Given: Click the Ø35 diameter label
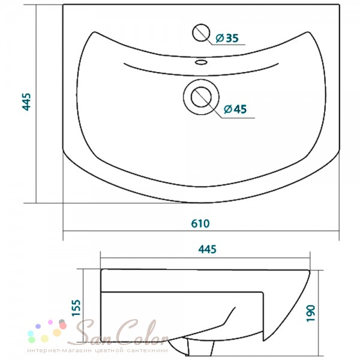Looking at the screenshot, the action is [227, 38].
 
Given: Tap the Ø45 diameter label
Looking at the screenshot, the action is [235, 109].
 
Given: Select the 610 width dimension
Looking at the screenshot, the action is [200, 224].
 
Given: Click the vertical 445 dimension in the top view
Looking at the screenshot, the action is [26, 102].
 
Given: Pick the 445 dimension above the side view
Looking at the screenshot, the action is [208, 250].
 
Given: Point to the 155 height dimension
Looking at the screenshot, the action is [76, 308].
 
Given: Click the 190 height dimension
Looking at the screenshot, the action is [311, 313].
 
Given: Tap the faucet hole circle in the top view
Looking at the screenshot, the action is [201, 32].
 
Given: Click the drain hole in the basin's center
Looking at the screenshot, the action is [201, 97].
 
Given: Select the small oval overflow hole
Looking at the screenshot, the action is [202, 62].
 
